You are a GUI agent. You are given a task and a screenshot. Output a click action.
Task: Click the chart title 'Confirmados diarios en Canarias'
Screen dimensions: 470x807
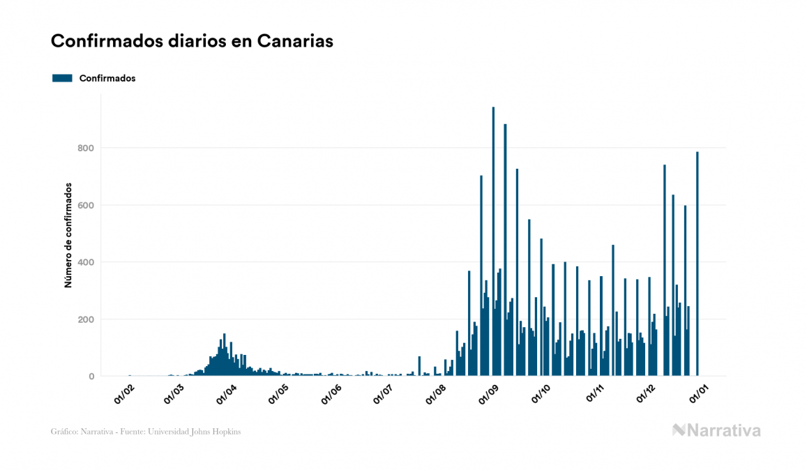192,41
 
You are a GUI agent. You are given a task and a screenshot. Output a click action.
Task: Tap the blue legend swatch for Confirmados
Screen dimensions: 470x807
62,78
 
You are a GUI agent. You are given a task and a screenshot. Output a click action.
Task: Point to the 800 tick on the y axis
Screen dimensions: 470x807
86,148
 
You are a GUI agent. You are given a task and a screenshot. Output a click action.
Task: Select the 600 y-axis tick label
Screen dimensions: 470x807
86,205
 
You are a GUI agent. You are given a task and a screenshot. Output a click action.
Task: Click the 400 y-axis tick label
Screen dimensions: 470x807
86,262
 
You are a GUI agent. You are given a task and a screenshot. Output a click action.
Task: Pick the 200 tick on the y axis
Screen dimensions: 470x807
86,319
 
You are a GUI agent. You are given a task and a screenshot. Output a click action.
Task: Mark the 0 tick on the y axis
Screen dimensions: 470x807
91,377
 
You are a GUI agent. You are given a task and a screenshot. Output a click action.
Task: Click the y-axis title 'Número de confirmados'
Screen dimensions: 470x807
68,236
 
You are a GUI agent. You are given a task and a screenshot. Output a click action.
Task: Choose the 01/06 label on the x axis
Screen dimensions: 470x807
331,393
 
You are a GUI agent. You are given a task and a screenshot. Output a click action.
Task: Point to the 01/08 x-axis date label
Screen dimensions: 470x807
435,393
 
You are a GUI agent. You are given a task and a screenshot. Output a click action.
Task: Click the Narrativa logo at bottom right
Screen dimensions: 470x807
716,430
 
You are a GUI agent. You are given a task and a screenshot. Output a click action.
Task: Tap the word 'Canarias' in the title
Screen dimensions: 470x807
295,41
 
